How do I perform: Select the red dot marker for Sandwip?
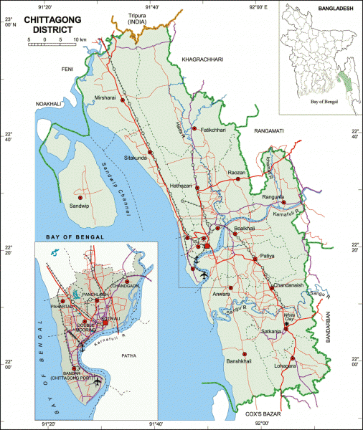80,197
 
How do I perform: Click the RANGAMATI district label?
268,131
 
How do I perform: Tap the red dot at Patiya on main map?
254,259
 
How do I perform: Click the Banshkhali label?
240,361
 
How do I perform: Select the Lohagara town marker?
293,358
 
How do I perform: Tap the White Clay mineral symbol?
288,325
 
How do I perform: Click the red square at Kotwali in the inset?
105,324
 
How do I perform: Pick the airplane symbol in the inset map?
98,382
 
